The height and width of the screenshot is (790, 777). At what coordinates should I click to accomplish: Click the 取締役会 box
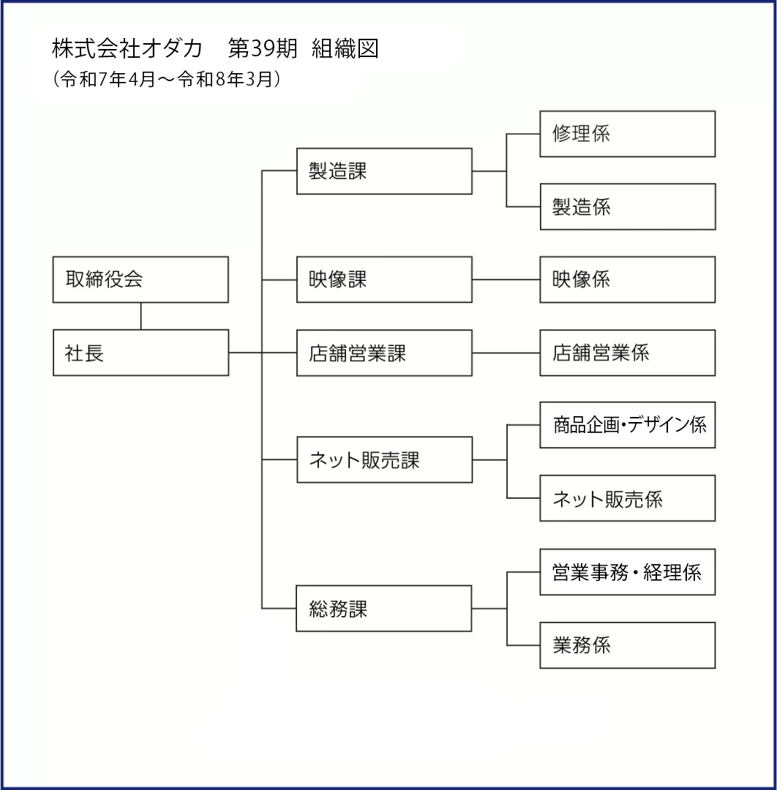(x=140, y=279)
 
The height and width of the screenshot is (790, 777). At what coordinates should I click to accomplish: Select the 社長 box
(x=140, y=353)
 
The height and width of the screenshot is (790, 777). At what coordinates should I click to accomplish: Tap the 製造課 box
(x=384, y=170)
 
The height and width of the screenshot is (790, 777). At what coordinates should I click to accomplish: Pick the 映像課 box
(x=384, y=279)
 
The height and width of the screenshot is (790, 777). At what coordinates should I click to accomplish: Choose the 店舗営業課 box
(x=384, y=353)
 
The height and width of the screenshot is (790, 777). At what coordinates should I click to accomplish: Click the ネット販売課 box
(x=384, y=459)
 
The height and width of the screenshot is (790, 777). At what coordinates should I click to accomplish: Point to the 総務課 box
(x=384, y=608)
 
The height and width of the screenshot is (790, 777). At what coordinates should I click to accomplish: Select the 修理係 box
(x=627, y=134)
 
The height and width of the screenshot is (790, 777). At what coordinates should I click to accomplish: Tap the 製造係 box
(x=628, y=206)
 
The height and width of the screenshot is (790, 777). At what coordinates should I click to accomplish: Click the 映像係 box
(x=627, y=279)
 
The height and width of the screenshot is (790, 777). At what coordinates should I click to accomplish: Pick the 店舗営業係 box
(x=627, y=353)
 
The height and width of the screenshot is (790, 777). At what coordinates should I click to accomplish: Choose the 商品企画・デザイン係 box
(x=627, y=425)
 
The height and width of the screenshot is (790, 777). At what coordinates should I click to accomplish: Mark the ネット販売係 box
(x=627, y=498)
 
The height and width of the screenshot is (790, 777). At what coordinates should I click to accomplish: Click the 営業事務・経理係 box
(x=627, y=572)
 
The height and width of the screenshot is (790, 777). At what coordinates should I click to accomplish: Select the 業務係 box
(x=627, y=645)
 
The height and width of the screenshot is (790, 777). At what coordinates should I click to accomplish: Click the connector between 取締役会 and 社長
(x=140, y=317)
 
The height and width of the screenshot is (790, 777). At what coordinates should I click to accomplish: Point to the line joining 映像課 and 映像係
(x=506, y=279)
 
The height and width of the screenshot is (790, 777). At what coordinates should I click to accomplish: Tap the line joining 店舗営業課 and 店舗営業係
(x=506, y=353)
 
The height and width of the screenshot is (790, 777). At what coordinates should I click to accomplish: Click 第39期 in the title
(x=263, y=49)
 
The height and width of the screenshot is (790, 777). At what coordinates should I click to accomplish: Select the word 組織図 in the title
(x=345, y=49)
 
